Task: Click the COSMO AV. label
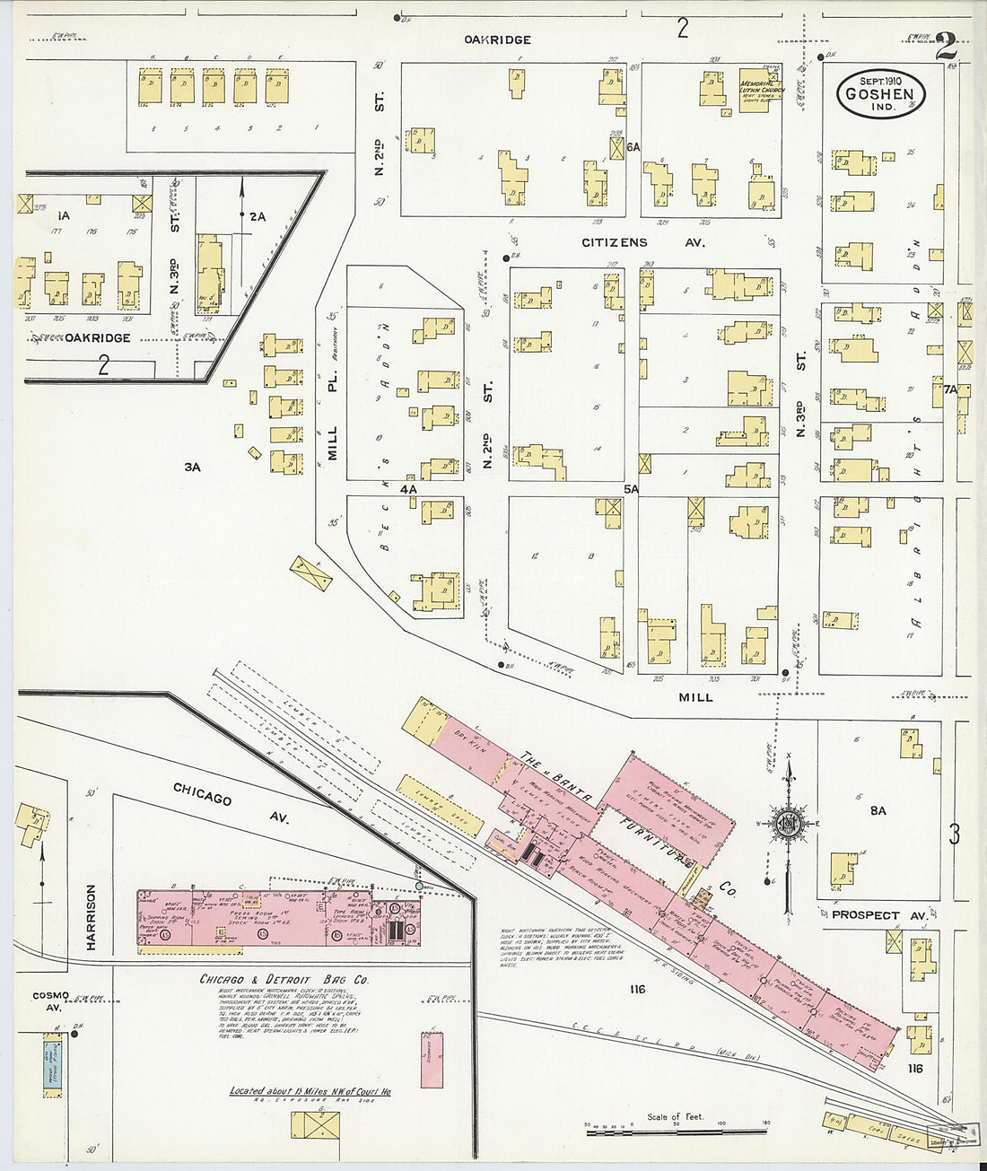coord(50,1001)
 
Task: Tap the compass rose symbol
coord(787,825)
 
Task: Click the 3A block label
coord(192,467)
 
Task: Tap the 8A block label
coord(878,810)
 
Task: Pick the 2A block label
coord(258,216)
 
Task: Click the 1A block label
coord(63,216)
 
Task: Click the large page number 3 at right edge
coord(954,835)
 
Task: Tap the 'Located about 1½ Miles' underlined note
coord(310,1091)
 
